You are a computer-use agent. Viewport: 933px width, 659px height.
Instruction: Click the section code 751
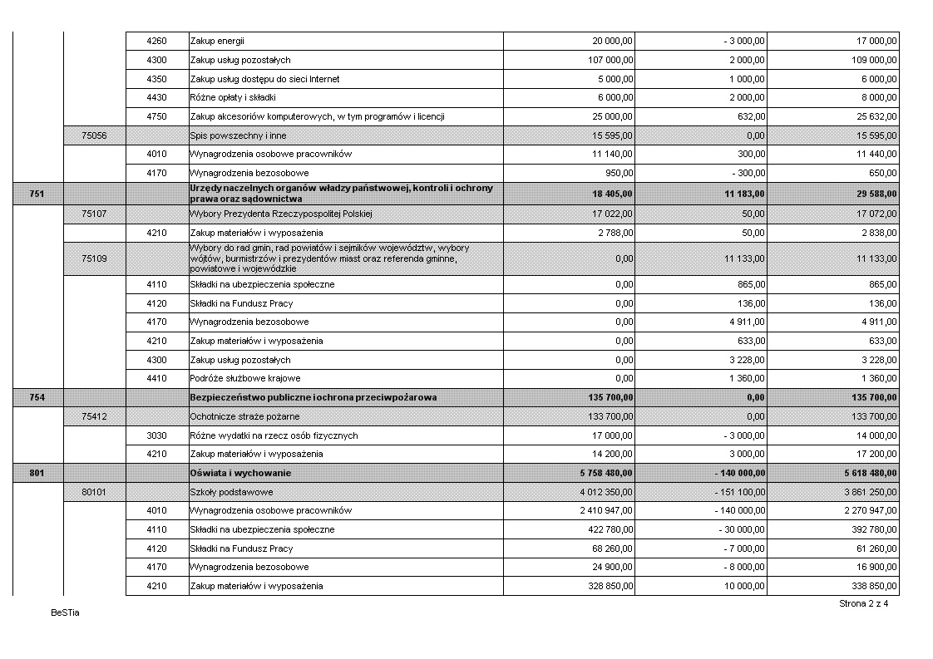(x=37, y=194)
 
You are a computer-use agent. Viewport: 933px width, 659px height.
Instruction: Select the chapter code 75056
(x=93, y=135)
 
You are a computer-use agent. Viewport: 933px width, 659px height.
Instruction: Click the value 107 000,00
(x=610, y=60)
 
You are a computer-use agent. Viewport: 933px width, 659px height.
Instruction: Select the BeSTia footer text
(x=64, y=613)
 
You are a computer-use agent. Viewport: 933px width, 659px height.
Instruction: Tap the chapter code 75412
(x=93, y=416)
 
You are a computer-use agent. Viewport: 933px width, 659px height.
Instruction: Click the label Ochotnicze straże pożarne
(x=244, y=416)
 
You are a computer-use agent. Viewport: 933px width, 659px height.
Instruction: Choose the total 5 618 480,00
(x=869, y=473)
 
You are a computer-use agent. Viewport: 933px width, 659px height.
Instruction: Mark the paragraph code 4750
(x=156, y=116)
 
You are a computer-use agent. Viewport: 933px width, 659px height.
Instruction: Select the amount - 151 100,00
(x=738, y=492)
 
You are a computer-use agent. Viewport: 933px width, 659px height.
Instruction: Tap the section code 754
(x=37, y=398)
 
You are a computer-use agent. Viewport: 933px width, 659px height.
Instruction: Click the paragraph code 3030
(x=156, y=435)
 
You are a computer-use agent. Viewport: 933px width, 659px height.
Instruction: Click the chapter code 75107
(x=93, y=214)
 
